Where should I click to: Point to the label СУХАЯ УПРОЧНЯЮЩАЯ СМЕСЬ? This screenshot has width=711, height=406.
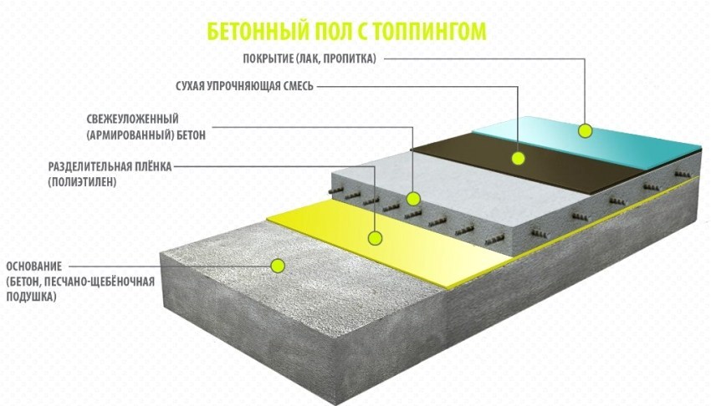(243, 86)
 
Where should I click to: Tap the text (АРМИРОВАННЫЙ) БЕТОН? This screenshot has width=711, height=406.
(146, 134)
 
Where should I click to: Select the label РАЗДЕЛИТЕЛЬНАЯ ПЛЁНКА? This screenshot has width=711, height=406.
(110, 166)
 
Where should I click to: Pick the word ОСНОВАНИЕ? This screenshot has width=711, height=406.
(33, 266)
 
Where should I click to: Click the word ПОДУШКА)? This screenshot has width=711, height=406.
(30, 297)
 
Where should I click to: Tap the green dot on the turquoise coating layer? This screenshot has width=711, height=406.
(585, 129)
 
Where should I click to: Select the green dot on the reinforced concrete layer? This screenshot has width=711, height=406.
(412, 198)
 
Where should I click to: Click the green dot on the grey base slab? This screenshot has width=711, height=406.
(278, 265)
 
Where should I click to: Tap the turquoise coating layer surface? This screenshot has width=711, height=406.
(619, 138)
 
